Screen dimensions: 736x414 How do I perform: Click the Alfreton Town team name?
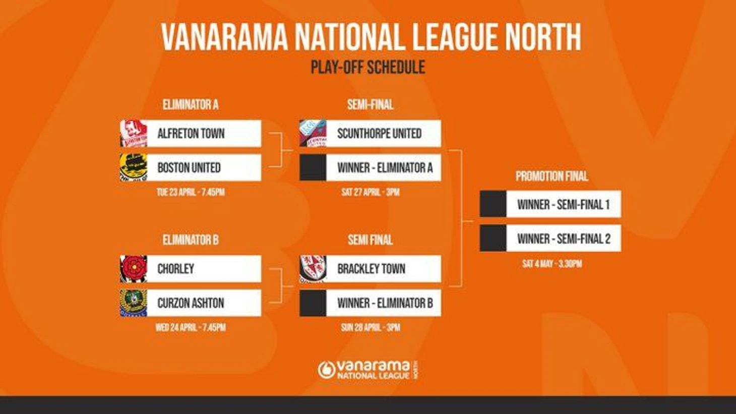point(191,134)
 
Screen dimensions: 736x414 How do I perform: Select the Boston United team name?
point(189,167)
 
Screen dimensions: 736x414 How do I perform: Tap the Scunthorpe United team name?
point(380,134)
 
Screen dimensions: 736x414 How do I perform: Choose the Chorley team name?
point(176,269)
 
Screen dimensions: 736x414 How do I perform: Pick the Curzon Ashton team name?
point(191,303)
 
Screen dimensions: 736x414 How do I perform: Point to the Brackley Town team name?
point(372,269)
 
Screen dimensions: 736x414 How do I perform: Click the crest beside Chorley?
point(134,269)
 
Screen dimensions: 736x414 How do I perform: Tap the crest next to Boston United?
point(134,167)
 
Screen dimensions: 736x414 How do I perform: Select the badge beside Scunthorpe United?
point(313,134)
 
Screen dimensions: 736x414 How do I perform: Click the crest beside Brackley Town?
point(313,269)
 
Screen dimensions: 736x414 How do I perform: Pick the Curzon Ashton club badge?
point(134,303)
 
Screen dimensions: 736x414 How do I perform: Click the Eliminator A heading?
point(191,105)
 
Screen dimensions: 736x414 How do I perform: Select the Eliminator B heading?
point(191,240)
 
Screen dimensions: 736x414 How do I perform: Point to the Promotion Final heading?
point(551,176)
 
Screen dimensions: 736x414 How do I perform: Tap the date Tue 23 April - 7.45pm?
point(191,192)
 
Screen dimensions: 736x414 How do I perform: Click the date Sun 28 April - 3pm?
point(371,328)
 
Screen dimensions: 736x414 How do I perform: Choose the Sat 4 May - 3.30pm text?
point(552,264)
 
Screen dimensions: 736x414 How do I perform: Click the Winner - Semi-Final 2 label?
point(564,239)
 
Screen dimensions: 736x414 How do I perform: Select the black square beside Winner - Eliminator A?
point(313,167)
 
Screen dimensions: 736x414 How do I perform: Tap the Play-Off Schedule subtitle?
point(368,67)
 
